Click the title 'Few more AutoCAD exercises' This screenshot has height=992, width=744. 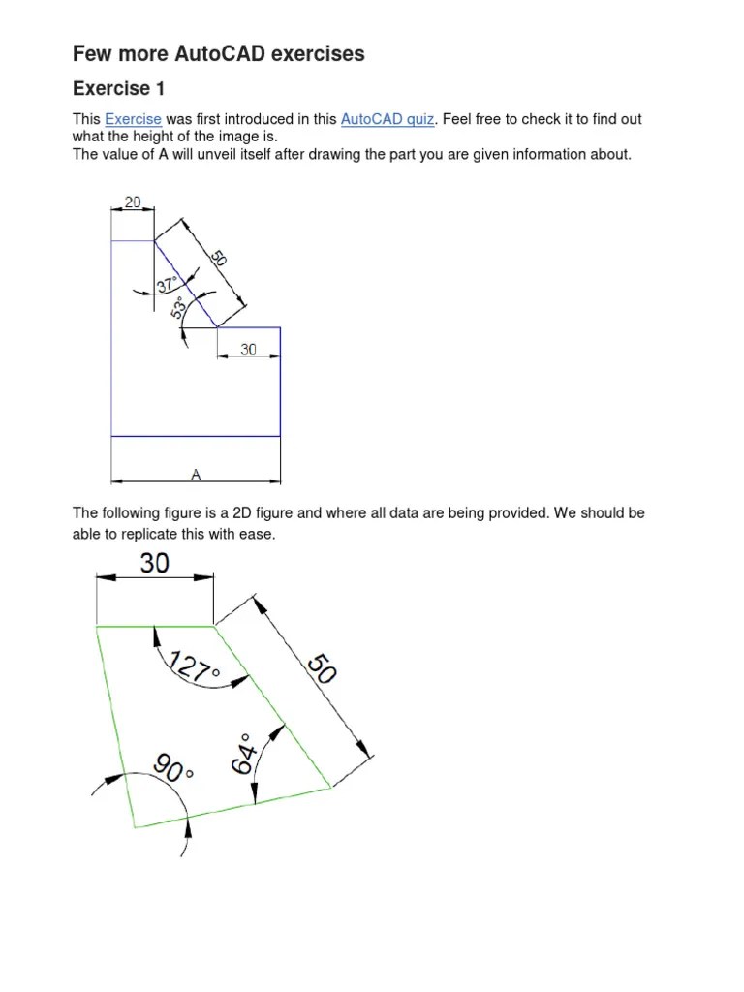(219, 53)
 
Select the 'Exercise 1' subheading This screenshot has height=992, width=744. (119, 89)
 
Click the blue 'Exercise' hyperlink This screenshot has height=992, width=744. (133, 119)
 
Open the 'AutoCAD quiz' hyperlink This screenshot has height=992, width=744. (387, 119)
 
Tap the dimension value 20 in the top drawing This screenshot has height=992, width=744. (133, 202)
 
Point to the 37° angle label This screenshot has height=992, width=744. (168, 285)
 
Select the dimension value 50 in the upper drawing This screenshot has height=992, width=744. (220, 259)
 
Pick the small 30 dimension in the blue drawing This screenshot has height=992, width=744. (248, 349)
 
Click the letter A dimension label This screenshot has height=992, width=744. (196, 474)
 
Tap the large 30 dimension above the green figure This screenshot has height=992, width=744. (154, 562)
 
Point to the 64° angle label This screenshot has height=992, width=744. (242, 754)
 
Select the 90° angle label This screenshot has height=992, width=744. (174, 771)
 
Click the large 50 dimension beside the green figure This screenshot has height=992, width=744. (322, 670)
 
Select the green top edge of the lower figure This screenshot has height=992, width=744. (155, 627)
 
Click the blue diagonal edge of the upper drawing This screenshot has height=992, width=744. (185, 284)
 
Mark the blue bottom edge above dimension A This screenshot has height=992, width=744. (196, 436)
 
